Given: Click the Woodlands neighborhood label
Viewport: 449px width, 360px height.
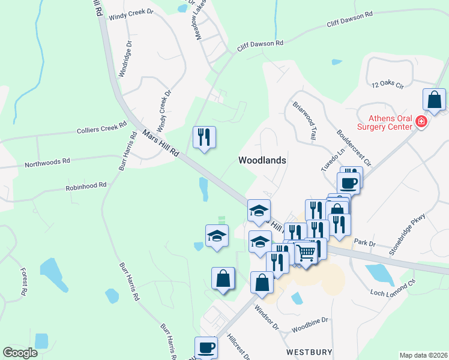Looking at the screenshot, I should [x=262, y=160].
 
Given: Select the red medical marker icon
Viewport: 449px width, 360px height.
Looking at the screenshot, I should [x=421, y=122].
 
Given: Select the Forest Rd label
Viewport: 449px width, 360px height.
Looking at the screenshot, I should [x=25, y=281].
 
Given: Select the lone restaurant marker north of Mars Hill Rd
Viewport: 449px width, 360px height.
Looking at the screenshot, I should [x=204, y=138].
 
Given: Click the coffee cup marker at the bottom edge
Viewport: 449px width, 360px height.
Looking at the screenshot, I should [x=206, y=348].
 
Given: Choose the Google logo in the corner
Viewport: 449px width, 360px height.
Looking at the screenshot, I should [x=20, y=353].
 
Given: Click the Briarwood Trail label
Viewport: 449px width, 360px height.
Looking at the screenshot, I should [x=304, y=120].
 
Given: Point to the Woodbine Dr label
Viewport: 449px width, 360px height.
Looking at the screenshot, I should [x=310, y=325].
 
